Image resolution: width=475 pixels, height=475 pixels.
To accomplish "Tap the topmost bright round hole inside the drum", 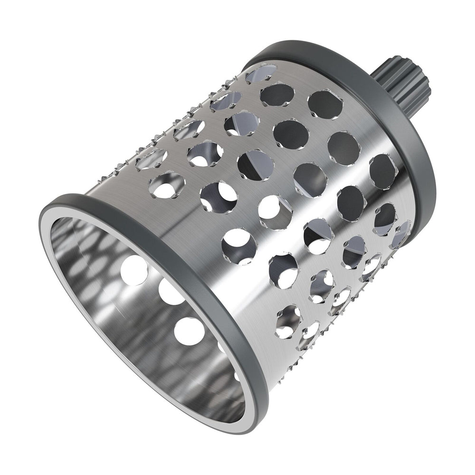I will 133,271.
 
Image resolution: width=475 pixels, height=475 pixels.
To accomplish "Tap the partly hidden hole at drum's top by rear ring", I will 261,74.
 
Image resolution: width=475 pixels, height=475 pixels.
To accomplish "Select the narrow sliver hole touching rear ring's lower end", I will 401,233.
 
